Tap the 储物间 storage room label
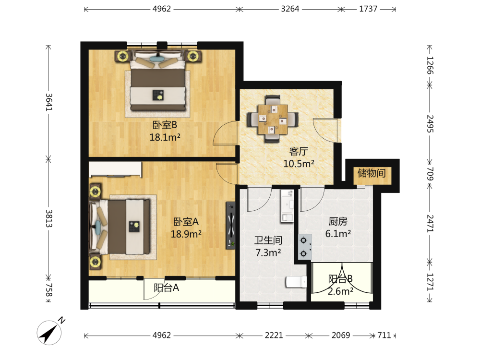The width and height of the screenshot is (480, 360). coord(372,173)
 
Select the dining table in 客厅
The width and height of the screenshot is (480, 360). coord(273,119)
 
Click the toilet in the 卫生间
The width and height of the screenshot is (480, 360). coord(296,282)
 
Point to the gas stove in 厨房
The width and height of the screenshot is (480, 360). coord(305,247)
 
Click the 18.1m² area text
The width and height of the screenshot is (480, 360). coord(165,137)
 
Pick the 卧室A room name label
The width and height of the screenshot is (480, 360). coord(186,221)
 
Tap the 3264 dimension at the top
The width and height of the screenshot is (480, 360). coord(290,9)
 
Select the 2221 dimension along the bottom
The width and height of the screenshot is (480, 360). coord(274,336)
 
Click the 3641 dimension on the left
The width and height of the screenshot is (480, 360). coord(49,102)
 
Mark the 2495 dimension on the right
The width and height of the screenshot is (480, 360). coord(430,124)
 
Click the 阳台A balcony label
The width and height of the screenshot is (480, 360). coord(166,288)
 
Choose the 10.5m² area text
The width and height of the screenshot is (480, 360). coord(299,164)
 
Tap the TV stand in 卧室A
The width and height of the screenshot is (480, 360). coord(230,225)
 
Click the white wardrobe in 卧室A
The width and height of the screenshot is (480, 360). coord(115,169)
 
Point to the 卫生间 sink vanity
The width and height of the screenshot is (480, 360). coord(287,206)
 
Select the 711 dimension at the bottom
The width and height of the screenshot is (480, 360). coord(384,336)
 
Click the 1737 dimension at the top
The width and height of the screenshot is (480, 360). coord(368,9)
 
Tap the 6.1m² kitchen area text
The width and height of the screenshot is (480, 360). coord(338,234)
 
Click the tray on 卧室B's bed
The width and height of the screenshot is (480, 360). coord(158,95)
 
